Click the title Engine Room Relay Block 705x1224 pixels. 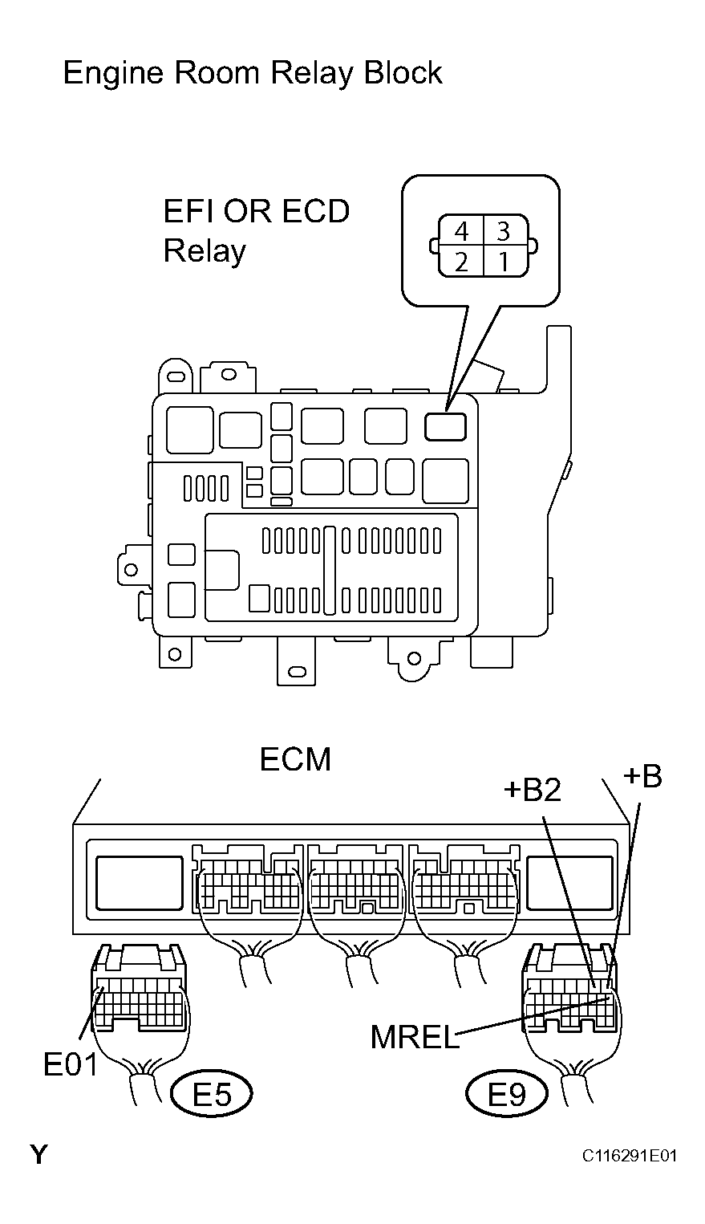[253, 74]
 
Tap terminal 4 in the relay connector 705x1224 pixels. [461, 232]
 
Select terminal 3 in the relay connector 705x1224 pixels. [503, 232]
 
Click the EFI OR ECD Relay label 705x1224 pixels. [256, 231]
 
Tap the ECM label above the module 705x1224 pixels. [295, 759]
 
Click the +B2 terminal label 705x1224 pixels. [533, 790]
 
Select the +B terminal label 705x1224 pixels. [642, 776]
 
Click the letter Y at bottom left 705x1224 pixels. [38, 1156]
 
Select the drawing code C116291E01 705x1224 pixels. [629, 1156]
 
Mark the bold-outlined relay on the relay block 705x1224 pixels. [446, 427]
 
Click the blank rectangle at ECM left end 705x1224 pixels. [140, 884]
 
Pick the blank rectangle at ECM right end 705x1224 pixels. [569, 884]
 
